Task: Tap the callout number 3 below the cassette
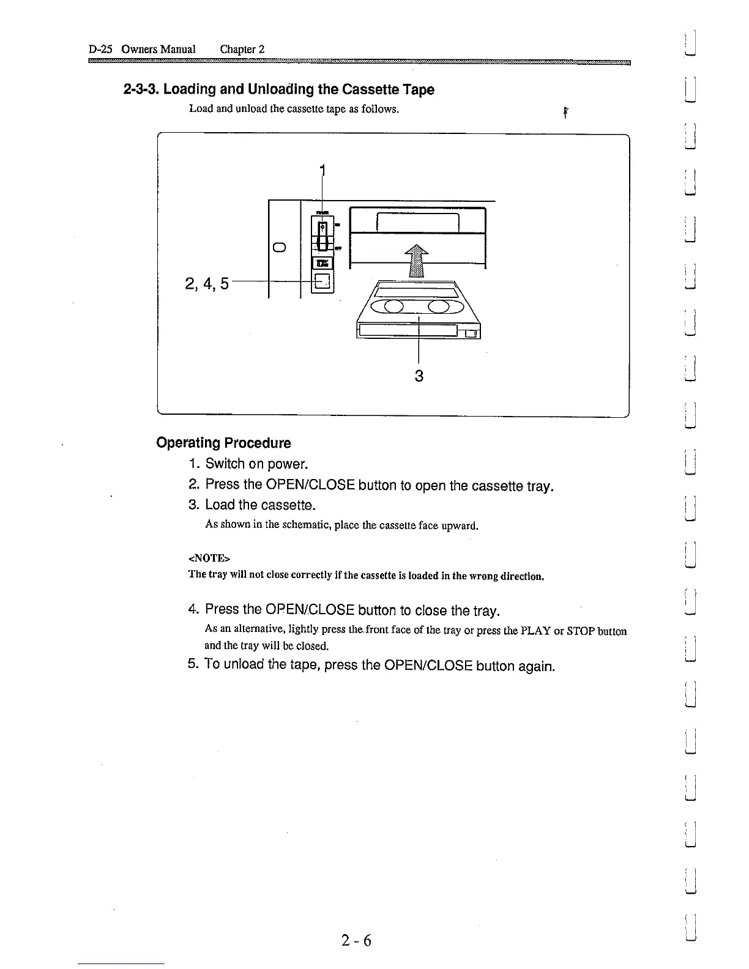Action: point(419,376)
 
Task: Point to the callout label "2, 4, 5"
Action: point(206,284)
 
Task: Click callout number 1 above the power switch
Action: point(322,170)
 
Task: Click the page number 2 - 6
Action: point(357,940)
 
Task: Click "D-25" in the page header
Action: point(101,50)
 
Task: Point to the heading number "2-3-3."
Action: point(141,90)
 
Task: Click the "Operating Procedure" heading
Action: point(223,443)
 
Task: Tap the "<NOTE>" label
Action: point(209,558)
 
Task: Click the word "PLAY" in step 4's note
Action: point(536,631)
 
